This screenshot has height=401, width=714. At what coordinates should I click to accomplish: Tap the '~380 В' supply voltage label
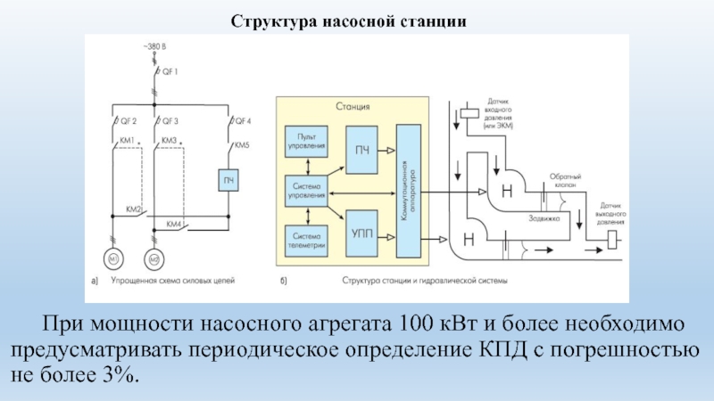154,45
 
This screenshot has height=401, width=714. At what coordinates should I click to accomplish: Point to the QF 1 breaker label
169,70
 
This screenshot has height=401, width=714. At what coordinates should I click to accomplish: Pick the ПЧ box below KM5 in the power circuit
228,183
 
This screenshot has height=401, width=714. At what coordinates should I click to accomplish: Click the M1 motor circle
113,260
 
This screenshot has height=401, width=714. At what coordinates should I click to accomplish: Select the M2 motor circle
154,260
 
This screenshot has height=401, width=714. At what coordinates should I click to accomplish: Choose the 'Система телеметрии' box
305,238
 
